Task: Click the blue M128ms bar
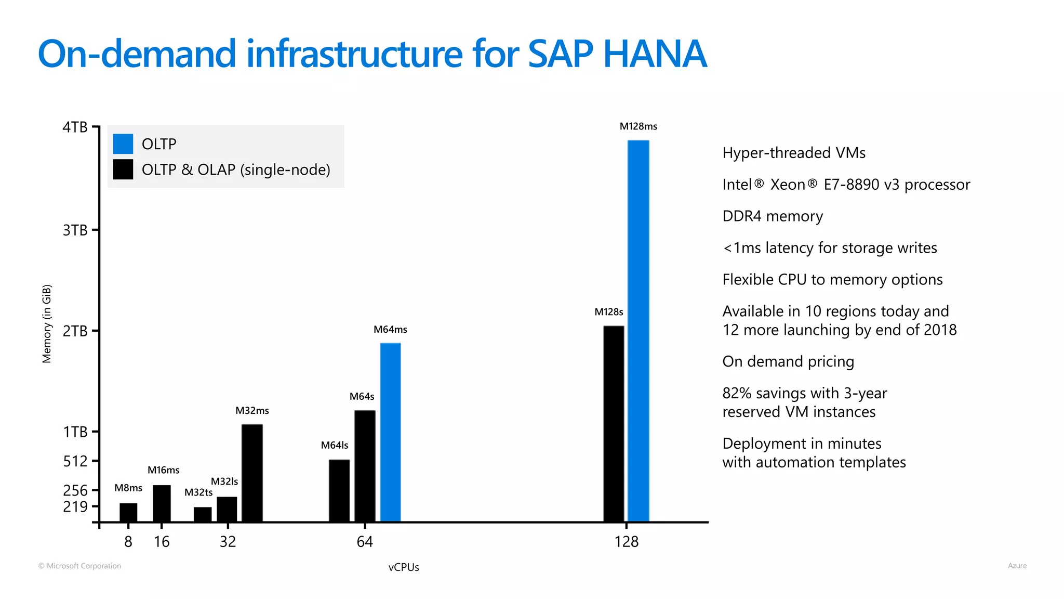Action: (x=638, y=331)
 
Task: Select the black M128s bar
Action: (x=614, y=423)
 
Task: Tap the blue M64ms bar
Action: (x=390, y=432)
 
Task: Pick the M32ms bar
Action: (x=252, y=473)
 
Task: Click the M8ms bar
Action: (x=128, y=512)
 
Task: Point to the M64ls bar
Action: (x=339, y=490)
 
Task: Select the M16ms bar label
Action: (x=163, y=470)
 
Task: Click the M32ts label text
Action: (x=198, y=492)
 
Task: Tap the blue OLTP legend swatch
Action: (x=123, y=144)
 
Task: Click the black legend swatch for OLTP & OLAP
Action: (x=123, y=170)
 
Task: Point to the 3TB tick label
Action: (x=75, y=230)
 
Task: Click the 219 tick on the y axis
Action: (x=75, y=506)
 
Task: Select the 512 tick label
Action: (x=75, y=461)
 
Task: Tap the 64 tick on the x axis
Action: (x=365, y=542)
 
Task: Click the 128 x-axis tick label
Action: (x=626, y=542)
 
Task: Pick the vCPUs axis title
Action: (x=404, y=567)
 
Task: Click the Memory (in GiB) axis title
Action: (x=47, y=323)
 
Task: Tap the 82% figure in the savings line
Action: (x=737, y=393)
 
